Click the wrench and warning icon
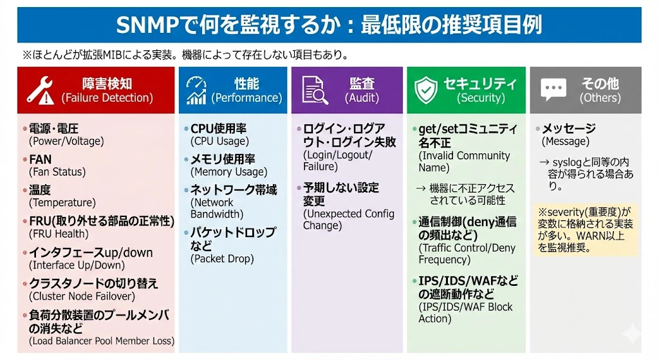coord(40,90)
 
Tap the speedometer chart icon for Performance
coord(196,90)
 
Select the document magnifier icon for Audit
coord(315,90)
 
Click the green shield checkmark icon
coord(426,90)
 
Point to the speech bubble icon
coord(553,90)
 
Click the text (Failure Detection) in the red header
coord(107,98)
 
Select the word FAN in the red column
coord(41,160)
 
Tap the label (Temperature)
coord(62,203)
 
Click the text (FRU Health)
coord(59,234)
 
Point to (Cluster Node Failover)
coord(82,296)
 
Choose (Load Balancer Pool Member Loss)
coord(101,341)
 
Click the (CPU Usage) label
coord(219,141)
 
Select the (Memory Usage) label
coord(228,172)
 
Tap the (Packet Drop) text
coord(222,259)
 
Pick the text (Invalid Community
coord(464,156)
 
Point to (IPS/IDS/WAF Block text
coord(465,307)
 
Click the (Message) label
coord(565,141)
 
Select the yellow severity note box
coord(586,230)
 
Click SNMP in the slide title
coord(147,25)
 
